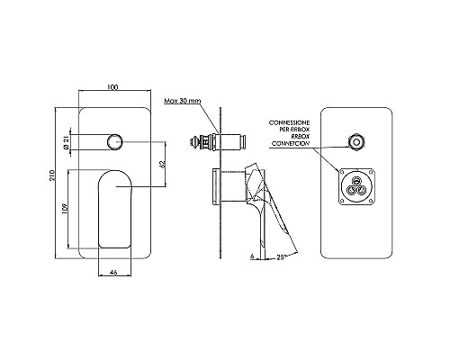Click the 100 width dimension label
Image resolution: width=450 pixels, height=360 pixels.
click(x=112, y=87)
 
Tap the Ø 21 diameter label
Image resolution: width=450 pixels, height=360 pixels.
click(x=66, y=142)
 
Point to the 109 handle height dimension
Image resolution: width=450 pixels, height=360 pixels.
click(x=65, y=209)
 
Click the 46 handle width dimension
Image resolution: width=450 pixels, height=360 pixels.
click(x=113, y=273)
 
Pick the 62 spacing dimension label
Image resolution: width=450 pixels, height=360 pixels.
click(x=162, y=164)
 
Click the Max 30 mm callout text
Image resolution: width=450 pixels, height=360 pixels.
click(x=183, y=101)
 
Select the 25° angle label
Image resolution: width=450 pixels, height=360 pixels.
click(x=282, y=256)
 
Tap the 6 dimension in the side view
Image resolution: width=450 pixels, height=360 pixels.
click(x=252, y=256)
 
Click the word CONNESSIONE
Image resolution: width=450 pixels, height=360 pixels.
click(x=289, y=122)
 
